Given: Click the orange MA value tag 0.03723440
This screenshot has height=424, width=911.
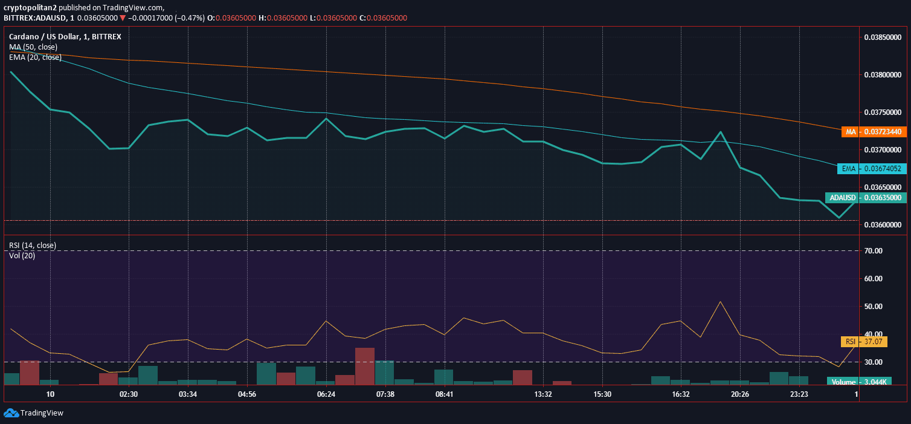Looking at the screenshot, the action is pos(874,132).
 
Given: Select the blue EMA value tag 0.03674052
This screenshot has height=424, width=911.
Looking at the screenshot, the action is pos(872,169).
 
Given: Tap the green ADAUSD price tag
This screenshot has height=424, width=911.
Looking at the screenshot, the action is pos(866,198).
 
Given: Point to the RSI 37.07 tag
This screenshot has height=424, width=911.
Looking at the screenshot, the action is pos(864,341).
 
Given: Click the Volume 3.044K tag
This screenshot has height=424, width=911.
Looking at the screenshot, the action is pos(859,382).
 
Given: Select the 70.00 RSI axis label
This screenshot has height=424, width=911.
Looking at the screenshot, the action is pos(873,251).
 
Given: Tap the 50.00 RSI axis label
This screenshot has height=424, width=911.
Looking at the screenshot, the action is pos(873,306).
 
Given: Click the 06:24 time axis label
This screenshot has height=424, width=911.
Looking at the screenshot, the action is pos(326,394).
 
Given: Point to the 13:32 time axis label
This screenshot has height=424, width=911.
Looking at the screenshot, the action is pos(543,394).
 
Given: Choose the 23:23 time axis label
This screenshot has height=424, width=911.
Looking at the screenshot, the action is pos(799,394).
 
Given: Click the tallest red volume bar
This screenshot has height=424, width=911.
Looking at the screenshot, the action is pos(364,366).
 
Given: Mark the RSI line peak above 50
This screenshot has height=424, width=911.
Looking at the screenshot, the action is pos(720,302).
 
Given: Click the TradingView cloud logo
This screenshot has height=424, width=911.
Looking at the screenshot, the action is pos(11,413).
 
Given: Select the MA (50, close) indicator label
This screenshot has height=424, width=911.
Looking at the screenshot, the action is pos(33,47).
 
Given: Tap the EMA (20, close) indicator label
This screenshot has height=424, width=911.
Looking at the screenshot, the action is pos(36,57).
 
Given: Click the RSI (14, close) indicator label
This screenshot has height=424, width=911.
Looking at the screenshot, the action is pos(33,245).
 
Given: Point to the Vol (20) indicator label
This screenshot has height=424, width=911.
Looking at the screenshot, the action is pos(22,256).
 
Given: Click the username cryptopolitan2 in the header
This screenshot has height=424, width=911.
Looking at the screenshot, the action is pos(30,7).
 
